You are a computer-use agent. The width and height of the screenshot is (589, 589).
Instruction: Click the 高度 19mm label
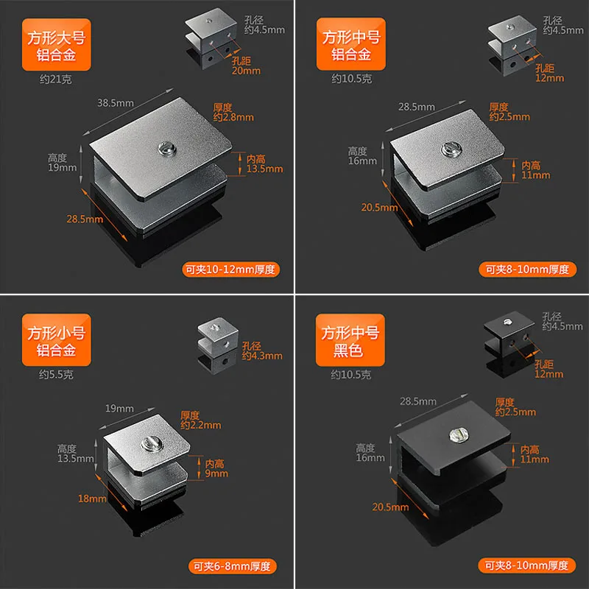pyautogui.click(x=62, y=163)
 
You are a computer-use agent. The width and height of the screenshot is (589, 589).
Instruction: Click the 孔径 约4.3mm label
pyautogui.click(x=262, y=350)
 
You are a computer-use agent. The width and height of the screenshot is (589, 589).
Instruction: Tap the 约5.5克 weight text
pyautogui.click(x=57, y=375)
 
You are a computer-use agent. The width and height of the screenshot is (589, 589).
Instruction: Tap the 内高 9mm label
pyautogui.click(x=216, y=468)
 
